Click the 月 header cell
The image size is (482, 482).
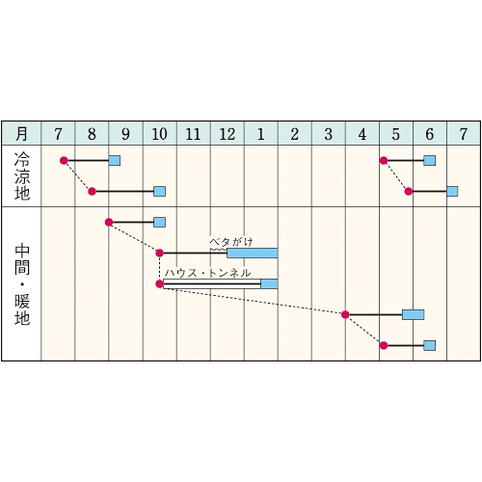coord(21,133)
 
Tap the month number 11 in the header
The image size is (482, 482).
coord(193,134)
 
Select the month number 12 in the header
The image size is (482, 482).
coord(228,134)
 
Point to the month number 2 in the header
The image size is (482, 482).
coord(295,134)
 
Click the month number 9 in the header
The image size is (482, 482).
coord(125,134)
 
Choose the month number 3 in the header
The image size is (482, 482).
coord(329,134)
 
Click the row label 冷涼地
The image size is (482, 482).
coord(22,176)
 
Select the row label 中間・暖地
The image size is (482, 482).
coord(22,284)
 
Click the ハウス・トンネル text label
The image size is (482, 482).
coord(207,273)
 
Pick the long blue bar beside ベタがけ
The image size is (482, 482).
coord(253,253)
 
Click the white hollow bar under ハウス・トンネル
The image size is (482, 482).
coord(212,283)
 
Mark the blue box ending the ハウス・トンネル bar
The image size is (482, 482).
coord(269,283)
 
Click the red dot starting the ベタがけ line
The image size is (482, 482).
coord(159,253)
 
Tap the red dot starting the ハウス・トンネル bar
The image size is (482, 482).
coord(159,283)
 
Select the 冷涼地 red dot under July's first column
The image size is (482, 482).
coord(64,160)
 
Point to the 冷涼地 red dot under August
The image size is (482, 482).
coord(92,192)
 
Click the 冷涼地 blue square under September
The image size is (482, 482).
coord(115,160)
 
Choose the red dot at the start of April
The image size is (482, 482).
coord(345,314)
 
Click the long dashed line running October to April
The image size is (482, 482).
coord(253,302)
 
